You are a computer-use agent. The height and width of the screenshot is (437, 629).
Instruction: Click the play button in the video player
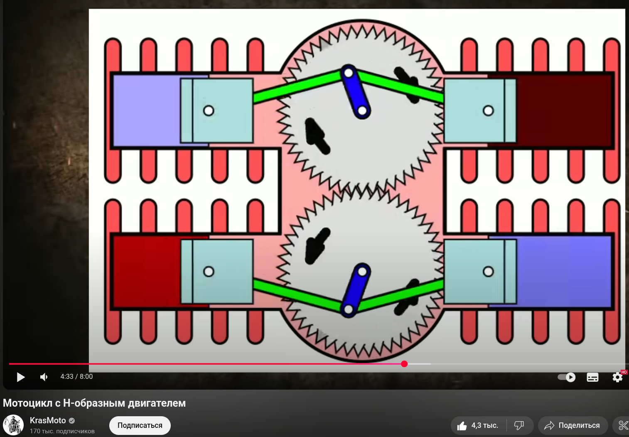click(20, 377)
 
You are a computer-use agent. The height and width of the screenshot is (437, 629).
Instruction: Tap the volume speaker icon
click(44, 377)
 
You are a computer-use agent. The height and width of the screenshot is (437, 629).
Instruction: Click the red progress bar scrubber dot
click(404, 364)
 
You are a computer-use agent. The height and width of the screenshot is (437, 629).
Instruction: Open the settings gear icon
click(617, 377)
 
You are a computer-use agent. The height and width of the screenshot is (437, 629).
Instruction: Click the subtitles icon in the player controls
click(592, 377)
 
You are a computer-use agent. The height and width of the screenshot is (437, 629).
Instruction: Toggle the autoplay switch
click(567, 377)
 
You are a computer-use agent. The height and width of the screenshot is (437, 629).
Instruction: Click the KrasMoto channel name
click(48, 420)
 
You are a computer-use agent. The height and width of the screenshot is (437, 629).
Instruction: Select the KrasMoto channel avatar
click(13, 425)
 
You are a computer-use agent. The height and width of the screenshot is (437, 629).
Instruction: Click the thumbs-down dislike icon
click(519, 426)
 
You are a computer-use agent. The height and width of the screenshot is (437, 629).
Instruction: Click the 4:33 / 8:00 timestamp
click(76, 377)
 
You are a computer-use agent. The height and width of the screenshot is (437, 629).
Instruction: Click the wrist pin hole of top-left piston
click(209, 110)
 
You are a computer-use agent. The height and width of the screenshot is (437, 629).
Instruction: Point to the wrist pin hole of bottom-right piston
click(488, 272)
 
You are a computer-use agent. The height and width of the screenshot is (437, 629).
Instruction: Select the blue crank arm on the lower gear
click(356, 290)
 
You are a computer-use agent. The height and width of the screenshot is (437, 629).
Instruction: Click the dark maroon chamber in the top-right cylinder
click(565, 110)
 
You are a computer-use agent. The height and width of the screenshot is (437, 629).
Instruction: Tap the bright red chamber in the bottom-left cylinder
click(147, 272)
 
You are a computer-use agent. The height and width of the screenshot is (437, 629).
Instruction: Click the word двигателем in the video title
click(157, 403)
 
